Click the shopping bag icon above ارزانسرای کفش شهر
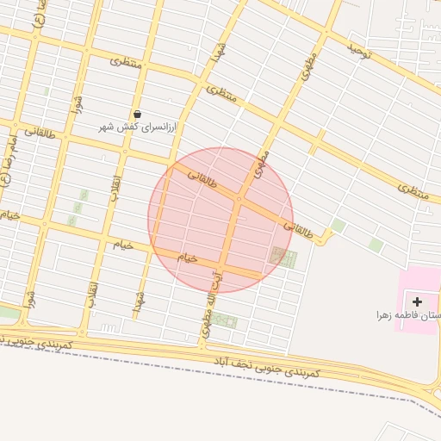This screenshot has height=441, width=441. pos(137,114)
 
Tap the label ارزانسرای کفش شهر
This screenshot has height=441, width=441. pos(137,127)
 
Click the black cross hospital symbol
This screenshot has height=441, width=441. pos(418,301)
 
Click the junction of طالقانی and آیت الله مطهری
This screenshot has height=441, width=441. pos(239,200)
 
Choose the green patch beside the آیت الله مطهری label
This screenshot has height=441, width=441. pos(226,321)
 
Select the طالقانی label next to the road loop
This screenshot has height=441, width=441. pos(301,229)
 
